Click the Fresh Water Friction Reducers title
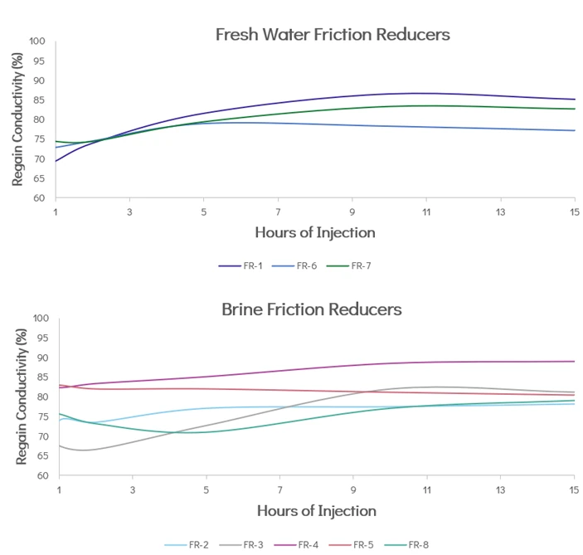point(333,35)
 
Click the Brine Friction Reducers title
point(312,309)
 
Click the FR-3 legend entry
point(245,544)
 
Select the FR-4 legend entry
point(303,544)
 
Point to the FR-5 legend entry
point(357,544)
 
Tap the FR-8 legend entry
point(413,544)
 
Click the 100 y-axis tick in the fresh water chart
point(36,41)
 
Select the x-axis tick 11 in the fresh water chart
point(426,212)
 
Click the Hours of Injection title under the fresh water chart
point(315,232)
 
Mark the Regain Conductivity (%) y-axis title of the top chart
point(16,120)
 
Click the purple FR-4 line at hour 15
point(575,362)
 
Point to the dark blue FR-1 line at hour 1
point(56,161)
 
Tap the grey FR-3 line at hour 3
point(132,441)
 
